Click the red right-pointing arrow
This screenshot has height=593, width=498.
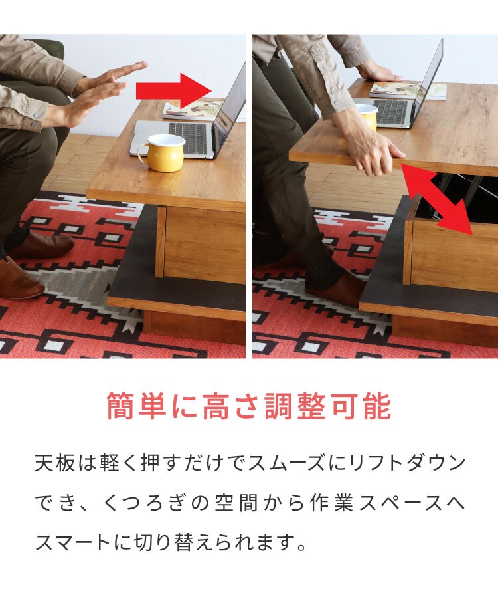tap(174, 91)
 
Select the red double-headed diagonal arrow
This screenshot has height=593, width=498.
tap(438, 199)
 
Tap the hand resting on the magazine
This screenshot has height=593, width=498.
tap(379, 74)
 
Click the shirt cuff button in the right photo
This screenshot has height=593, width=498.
tap(335, 102)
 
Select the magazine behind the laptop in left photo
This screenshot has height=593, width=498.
tap(193, 109)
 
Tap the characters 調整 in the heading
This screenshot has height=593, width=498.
tap(295, 406)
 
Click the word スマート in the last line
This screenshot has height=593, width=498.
tap(73, 542)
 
